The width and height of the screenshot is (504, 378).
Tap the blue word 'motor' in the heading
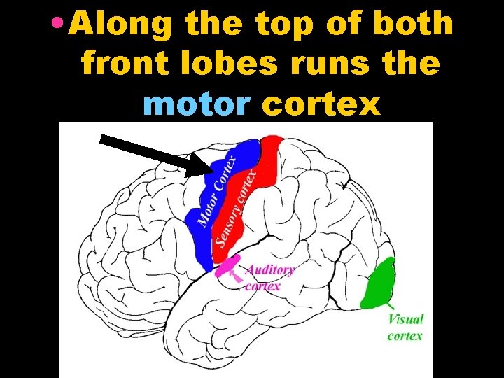click(x=195, y=105)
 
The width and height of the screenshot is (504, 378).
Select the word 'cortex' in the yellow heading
click(x=321, y=105)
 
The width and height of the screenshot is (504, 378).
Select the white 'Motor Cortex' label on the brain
click(x=218, y=190)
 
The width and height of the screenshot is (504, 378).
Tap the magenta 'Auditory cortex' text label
click(x=269, y=277)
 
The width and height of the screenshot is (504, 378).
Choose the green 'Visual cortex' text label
click(x=405, y=327)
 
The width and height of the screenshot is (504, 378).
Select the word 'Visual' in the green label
click(x=406, y=319)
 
